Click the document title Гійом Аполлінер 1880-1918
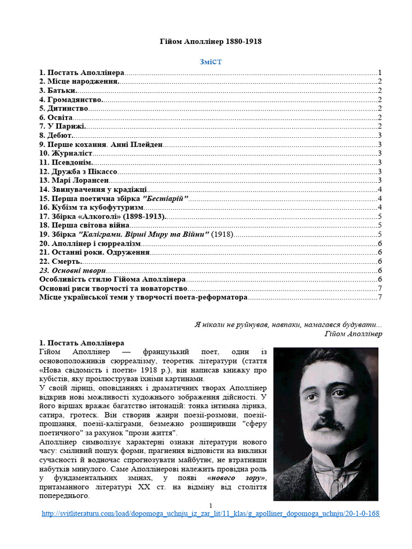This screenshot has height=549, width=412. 211,41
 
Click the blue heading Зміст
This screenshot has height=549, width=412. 211,62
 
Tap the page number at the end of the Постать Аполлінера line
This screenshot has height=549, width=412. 379,72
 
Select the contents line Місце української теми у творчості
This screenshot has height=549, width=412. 143,297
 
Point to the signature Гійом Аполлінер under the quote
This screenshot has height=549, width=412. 353,333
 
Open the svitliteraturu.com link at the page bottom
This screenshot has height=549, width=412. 210,513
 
